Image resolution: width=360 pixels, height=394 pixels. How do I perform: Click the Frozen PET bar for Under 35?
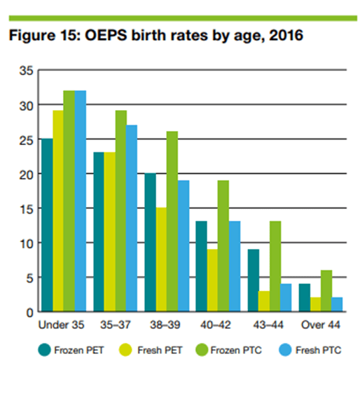pos(47,225)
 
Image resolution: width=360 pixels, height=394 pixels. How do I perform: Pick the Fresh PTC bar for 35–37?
pos(132,218)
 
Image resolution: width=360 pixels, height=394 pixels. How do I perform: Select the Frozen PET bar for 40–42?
pos(200,266)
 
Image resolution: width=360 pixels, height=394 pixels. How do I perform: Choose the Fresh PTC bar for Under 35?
pos(80,201)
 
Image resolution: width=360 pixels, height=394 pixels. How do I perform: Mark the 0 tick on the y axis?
pos(28,312)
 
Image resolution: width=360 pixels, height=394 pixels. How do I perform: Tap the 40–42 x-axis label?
pos(214,325)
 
